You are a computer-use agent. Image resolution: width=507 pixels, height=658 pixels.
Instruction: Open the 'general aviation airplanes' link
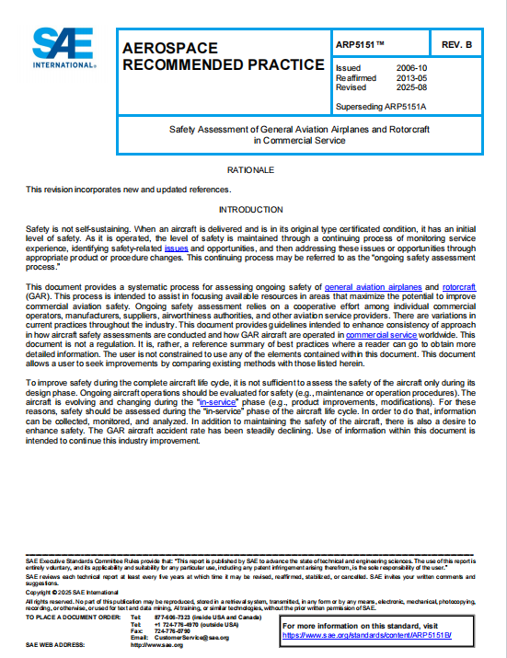[x=372, y=288]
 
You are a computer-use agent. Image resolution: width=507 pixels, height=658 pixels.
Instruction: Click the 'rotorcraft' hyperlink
[x=458, y=288]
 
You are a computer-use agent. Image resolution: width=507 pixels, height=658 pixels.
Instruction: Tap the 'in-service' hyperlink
[x=217, y=402]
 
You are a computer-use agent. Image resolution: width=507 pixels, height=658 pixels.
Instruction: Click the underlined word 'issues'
[x=177, y=248]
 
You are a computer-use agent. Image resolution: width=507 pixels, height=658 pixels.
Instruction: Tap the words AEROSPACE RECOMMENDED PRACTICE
[x=222, y=56]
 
